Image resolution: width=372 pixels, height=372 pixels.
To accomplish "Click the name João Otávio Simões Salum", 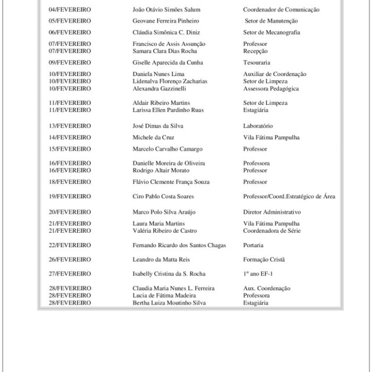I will pos(166,10).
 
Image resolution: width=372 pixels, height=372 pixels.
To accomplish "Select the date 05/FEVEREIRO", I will pos(70,21).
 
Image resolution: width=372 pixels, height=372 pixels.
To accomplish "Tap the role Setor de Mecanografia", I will pos(272,32).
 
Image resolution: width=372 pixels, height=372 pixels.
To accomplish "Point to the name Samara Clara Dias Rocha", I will pos(165,51).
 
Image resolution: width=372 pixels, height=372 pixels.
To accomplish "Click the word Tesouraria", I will pos(257,63).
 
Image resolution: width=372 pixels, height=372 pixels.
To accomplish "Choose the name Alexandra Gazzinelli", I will pos(159,89).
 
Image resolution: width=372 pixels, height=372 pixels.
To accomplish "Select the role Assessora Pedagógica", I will pos(271,89).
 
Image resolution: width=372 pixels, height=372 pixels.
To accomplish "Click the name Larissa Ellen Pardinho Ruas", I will pos(168,111).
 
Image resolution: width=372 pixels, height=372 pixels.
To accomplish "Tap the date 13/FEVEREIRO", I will pos(70,126).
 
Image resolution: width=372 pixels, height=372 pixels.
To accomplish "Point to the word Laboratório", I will pos(258,126).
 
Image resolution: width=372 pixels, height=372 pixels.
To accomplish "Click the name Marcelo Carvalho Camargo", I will pos(167,149).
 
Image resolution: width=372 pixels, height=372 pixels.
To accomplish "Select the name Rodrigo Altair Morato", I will pos(161,171).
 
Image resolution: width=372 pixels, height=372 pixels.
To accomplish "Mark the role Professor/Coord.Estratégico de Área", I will pos(289,197).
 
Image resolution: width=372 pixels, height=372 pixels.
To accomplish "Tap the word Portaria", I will pos(253,246).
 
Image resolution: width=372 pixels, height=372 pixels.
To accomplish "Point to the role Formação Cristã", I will pos(264,259).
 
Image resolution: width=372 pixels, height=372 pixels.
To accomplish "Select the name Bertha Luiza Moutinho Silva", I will pos(170,303).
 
